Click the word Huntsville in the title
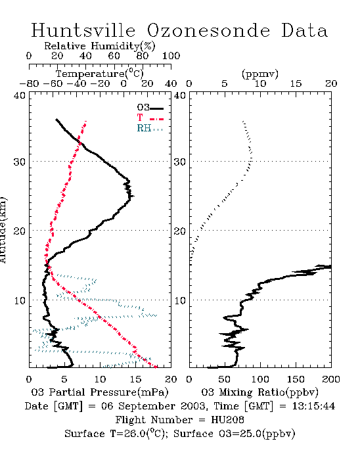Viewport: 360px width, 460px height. [x=83, y=30]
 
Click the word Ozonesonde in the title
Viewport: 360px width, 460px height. [x=208, y=30]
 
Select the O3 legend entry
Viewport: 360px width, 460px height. [x=150, y=108]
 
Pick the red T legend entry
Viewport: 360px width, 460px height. [x=150, y=118]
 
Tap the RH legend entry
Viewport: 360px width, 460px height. [x=150, y=128]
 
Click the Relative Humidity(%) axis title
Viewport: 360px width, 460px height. [x=100, y=46]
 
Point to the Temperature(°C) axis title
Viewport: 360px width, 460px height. [x=100, y=74]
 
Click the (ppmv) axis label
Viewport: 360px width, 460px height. [x=260, y=74]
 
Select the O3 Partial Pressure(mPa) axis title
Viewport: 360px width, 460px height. [x=100, y=392]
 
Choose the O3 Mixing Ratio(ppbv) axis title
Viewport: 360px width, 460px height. [x=259, y=392]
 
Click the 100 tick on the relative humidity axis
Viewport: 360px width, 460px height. [x=171, y=56]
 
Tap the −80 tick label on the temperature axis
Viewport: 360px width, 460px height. [x=29, y=83]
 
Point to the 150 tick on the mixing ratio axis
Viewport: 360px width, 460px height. [x=296, y=379]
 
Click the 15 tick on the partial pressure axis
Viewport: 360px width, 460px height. [x=135, y=379]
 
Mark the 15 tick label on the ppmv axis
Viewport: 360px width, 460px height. [x=296, y=83]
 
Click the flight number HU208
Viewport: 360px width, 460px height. [x=227, y=420]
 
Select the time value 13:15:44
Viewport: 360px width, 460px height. [x=313, y=406]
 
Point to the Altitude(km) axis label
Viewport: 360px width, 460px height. [x=3, y=231]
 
